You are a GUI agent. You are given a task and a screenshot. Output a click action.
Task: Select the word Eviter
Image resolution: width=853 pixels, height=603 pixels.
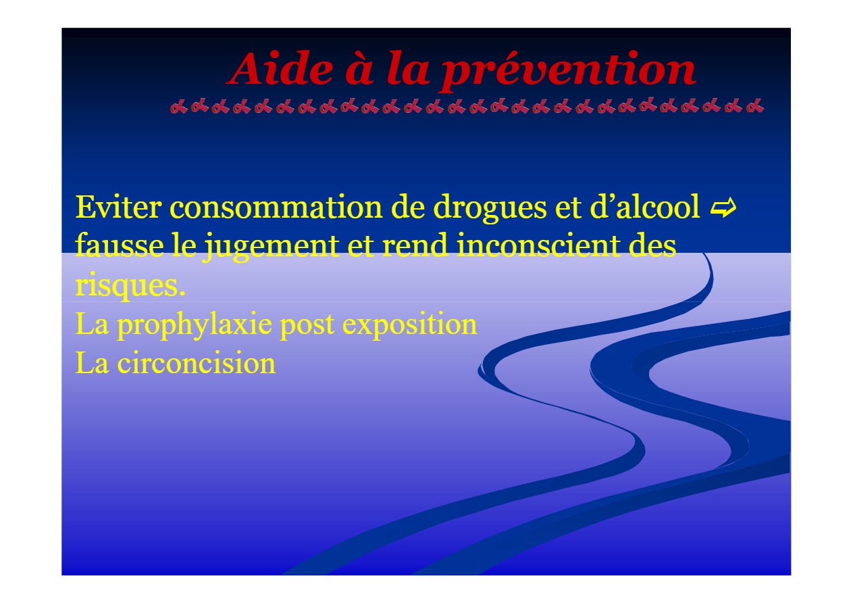coord(118,207)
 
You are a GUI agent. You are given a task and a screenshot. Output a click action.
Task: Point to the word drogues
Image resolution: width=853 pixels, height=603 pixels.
coord(490,209)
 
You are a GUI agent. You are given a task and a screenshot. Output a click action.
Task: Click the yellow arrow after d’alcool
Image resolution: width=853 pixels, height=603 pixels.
coord(723,208)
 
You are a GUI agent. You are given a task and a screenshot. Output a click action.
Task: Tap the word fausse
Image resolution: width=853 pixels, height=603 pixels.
coord(120,245)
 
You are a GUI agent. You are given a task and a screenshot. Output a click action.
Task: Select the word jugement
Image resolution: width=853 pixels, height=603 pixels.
coord(271,247)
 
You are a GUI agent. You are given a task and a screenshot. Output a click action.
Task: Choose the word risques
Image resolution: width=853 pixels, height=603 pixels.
coord(130,286)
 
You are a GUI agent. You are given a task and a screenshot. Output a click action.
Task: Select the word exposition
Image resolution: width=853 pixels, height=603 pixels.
coord(409,325)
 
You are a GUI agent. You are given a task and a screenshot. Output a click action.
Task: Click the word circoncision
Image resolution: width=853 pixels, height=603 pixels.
coord(197,362)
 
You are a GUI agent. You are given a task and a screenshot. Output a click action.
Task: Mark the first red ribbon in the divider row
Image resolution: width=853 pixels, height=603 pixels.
coord(178,107)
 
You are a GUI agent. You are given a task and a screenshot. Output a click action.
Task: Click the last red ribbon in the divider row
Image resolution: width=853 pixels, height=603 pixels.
coord(755,106)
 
